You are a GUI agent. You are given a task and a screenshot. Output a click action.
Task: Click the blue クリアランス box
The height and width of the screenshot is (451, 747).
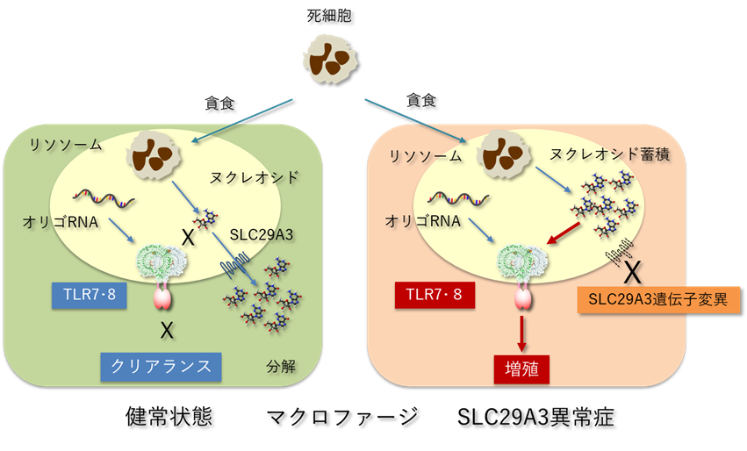point(161,365)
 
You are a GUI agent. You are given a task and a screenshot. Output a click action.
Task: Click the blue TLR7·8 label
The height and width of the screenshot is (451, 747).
point(88,296)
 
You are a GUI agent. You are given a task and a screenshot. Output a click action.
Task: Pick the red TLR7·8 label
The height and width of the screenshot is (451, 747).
point(433,295)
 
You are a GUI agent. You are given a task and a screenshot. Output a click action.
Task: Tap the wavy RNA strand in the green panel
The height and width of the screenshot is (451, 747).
point(104,197)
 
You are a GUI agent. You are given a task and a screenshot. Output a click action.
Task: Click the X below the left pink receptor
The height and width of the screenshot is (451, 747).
point(165,331)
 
